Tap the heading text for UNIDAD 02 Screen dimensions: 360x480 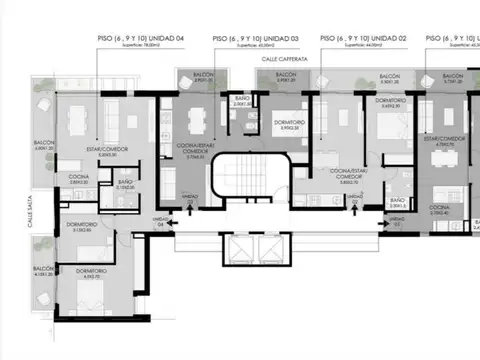coord(364,37)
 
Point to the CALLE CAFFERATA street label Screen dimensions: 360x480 coord(285,60)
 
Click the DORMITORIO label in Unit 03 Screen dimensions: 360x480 coord(263,125)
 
